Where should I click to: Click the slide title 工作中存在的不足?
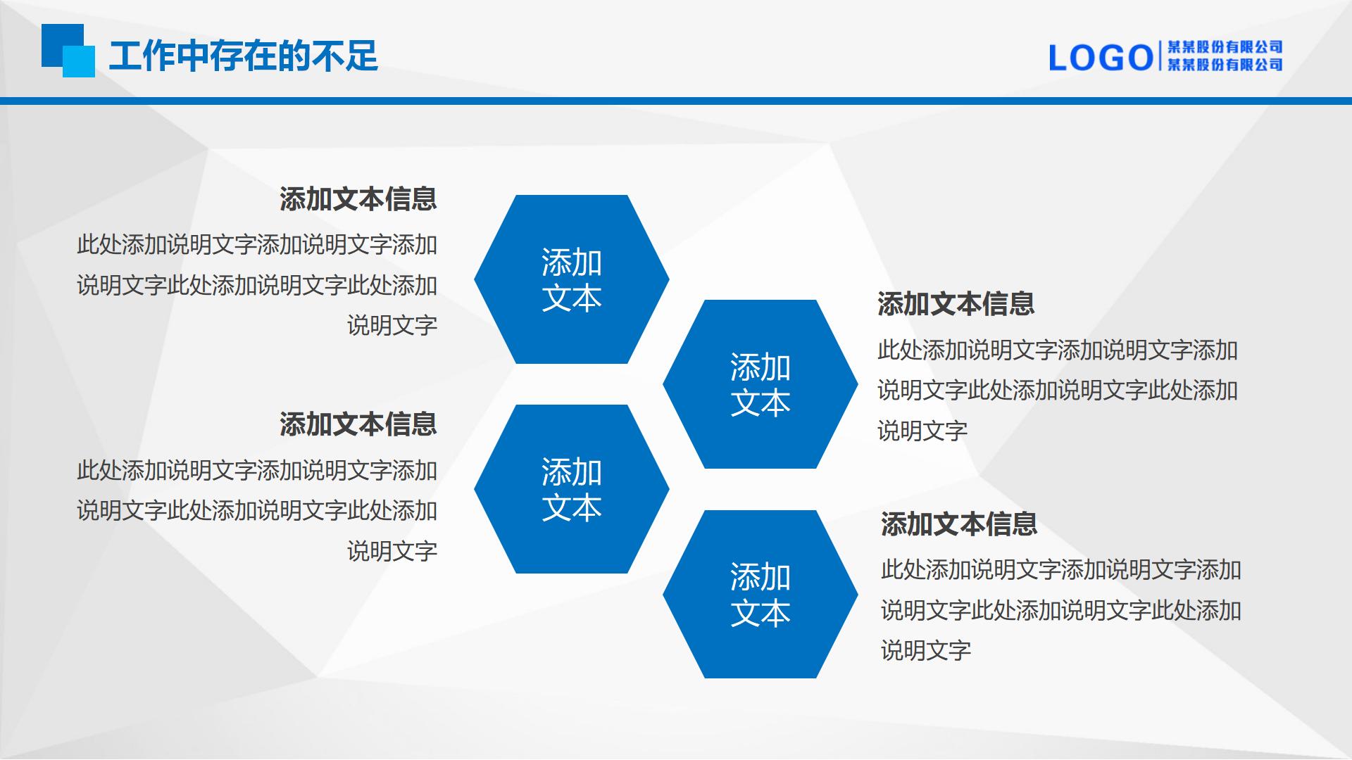point(244,56)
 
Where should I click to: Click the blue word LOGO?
point(1101,58)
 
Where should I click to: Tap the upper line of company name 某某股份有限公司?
point(1225,47)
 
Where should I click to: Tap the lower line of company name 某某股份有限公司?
point(1225,65)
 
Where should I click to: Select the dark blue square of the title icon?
point(56,39)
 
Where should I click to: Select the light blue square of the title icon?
point(79,61)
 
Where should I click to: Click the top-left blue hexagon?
point(571,279)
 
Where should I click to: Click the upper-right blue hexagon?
point(760,384)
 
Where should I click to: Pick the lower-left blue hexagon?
point(571,489)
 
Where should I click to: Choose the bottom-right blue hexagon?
point(760,594)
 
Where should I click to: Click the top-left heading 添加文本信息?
point(358,199)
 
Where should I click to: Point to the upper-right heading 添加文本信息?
point(956,304)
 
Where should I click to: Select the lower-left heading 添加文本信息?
point(358,424)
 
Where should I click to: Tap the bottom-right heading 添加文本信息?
point(959,524)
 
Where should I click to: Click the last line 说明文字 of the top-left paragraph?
point(392,326)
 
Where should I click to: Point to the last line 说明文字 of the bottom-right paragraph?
point(926,651)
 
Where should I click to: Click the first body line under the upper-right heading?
point(1058,350)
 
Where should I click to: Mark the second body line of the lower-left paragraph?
point(257,511)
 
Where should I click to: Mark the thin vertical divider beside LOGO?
point(1160,57)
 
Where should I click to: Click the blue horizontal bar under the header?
point(676,101)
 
